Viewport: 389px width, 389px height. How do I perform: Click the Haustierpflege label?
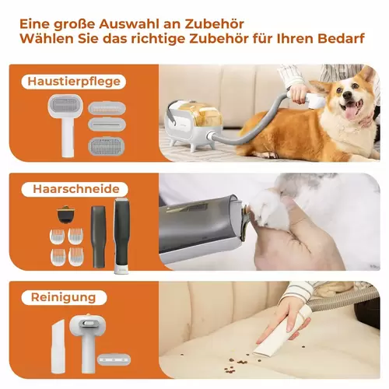click(74, 82)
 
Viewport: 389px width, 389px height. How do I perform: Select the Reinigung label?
click(64, 297)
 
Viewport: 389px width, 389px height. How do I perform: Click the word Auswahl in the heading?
click(128, 24)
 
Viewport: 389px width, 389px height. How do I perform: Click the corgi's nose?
click(346, 95)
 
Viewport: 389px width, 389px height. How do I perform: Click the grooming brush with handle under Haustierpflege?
click(66, 125)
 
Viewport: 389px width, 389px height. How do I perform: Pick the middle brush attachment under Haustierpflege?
click(107, 124)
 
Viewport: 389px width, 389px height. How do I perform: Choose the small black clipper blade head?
click(65, 215)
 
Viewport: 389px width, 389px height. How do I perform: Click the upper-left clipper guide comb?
click(58, 236)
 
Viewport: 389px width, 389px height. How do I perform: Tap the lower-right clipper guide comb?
click(75, 257)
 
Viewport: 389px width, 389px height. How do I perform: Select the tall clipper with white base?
click(121, 237)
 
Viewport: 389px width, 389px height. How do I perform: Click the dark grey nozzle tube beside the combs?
click(99, 237)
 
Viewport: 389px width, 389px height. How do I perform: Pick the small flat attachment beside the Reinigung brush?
click(114, 360)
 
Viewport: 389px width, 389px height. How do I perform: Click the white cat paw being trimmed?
click(266, 209)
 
